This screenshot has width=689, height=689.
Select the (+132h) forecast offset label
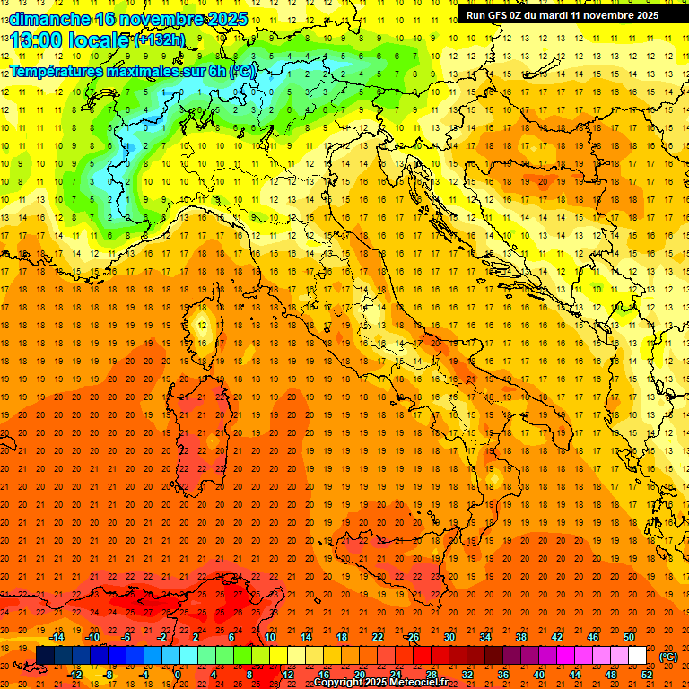tap(160, 40)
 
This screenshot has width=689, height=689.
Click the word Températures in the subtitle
tap(56, 70)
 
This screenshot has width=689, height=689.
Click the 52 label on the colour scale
tap(647, 675)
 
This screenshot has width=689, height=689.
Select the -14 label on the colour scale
tap(57, 637)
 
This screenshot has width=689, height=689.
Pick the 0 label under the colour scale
tap(178, 675)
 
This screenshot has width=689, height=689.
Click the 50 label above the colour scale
tap(629, 637)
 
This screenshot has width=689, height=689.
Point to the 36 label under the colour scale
tap(503, 675)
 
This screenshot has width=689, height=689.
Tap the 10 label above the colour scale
tap(270, 637)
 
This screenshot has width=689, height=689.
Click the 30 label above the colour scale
tap(449, 637)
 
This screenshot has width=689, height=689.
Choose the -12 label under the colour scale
tap(74, 675)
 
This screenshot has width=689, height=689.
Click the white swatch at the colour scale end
tap(637, 656)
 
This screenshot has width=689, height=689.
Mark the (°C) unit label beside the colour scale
tap(668, 657)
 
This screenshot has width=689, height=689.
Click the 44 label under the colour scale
tap(575, 675)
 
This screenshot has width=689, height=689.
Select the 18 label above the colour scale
tap(342, 637)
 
